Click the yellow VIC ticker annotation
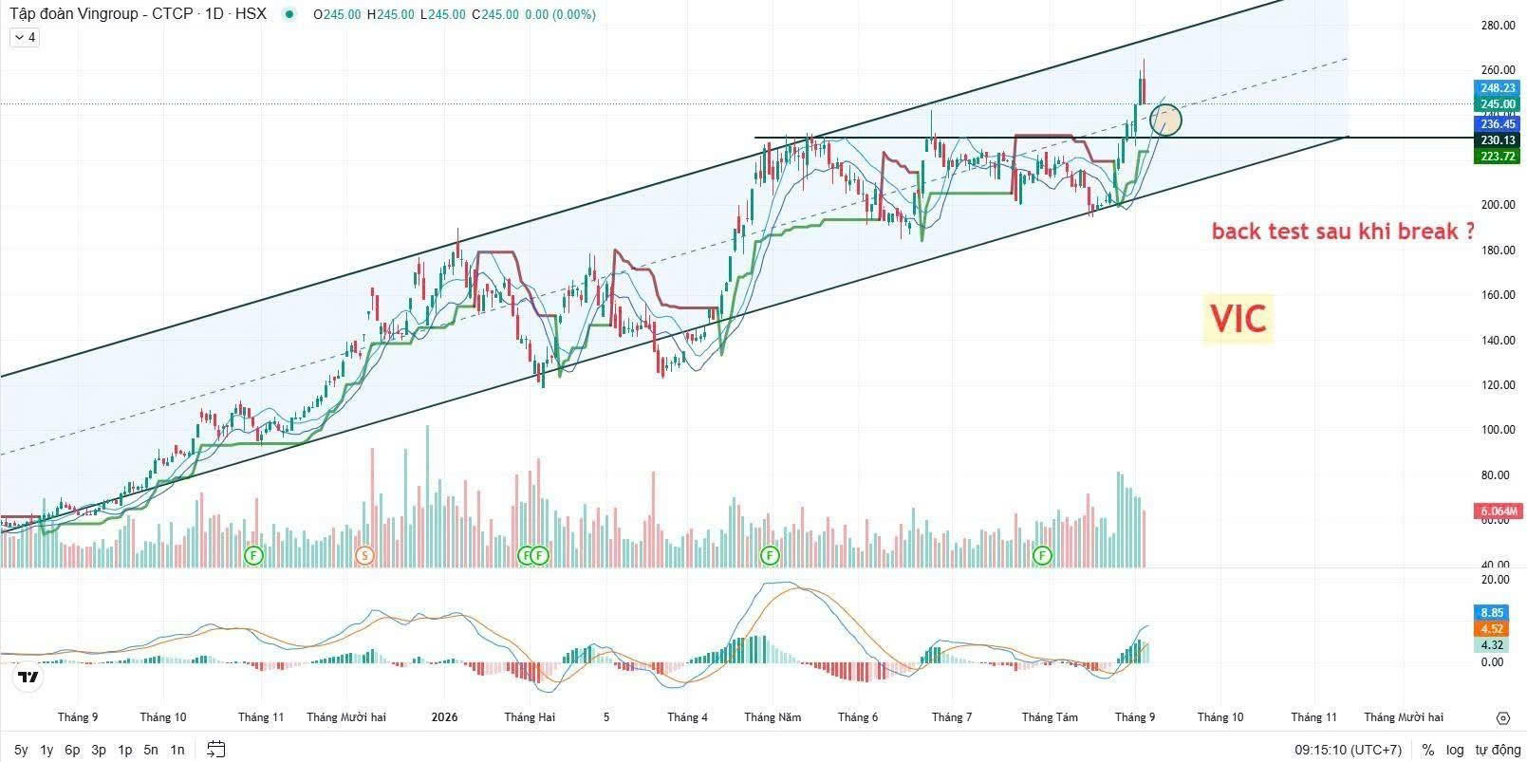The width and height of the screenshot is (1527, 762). [x=1238, y=318]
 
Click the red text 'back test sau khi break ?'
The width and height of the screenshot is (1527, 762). [x=1343, y=232]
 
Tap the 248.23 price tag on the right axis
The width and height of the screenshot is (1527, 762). [x=1498, y=88]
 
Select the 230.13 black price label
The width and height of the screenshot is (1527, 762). [x=1498, y=140]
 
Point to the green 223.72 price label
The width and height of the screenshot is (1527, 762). [x=1498, y=157]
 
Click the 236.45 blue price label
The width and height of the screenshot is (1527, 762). [x=1498, y=124]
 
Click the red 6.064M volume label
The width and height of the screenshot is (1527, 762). [x=1498, y=511]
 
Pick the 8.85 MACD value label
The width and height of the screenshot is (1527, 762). [x=1492, y=613]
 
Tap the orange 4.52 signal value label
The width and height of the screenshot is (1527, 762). [x=1492, y=629]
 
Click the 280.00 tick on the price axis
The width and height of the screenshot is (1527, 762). [x=1498, y=26]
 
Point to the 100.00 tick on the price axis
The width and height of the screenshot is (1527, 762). [x=1498, y=430]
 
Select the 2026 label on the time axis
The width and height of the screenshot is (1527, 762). [x=444, y=717]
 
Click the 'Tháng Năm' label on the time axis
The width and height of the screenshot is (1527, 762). [x=773, y=717]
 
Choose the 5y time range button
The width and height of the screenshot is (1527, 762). [x=21, y=750]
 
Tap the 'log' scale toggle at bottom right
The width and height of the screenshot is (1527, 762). [x=1455, y=750]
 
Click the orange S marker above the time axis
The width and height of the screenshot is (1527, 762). [x=364, y=555]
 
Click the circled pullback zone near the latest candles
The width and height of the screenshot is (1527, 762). [x=1165, y=120]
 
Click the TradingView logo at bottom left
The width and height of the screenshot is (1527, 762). [x=28, y=677]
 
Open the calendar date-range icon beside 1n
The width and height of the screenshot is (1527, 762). [x=215, y=750]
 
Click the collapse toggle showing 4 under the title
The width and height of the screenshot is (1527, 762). [x=25, y=38]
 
